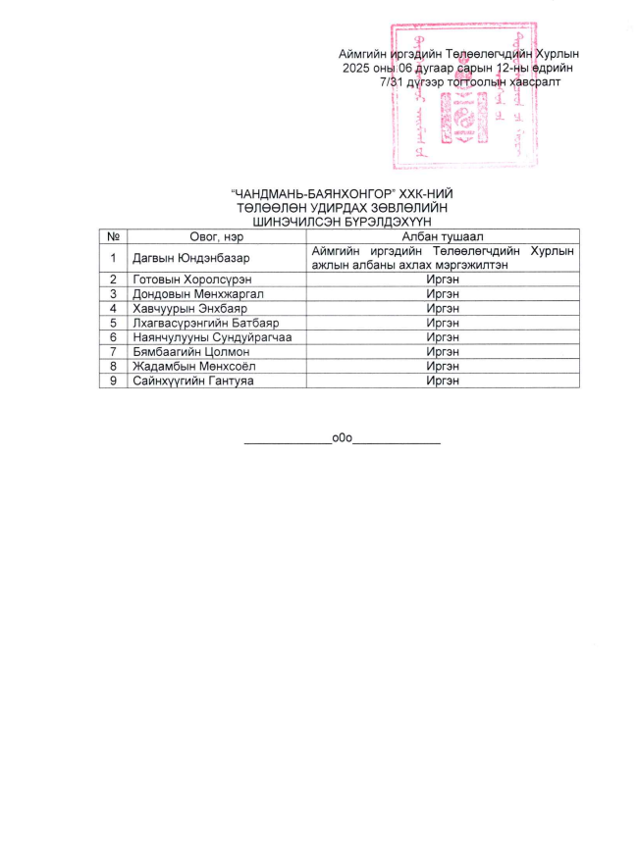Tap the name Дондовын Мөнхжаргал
[x=195, y=293]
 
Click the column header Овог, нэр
[x=216, y=236]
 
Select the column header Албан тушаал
[x=441, y=236]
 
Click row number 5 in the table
[x=114, y=323]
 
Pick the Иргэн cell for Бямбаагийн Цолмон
[x=441, y=351]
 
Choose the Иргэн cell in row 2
[x=441, y=280]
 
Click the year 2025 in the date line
[x=357, y=69]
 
